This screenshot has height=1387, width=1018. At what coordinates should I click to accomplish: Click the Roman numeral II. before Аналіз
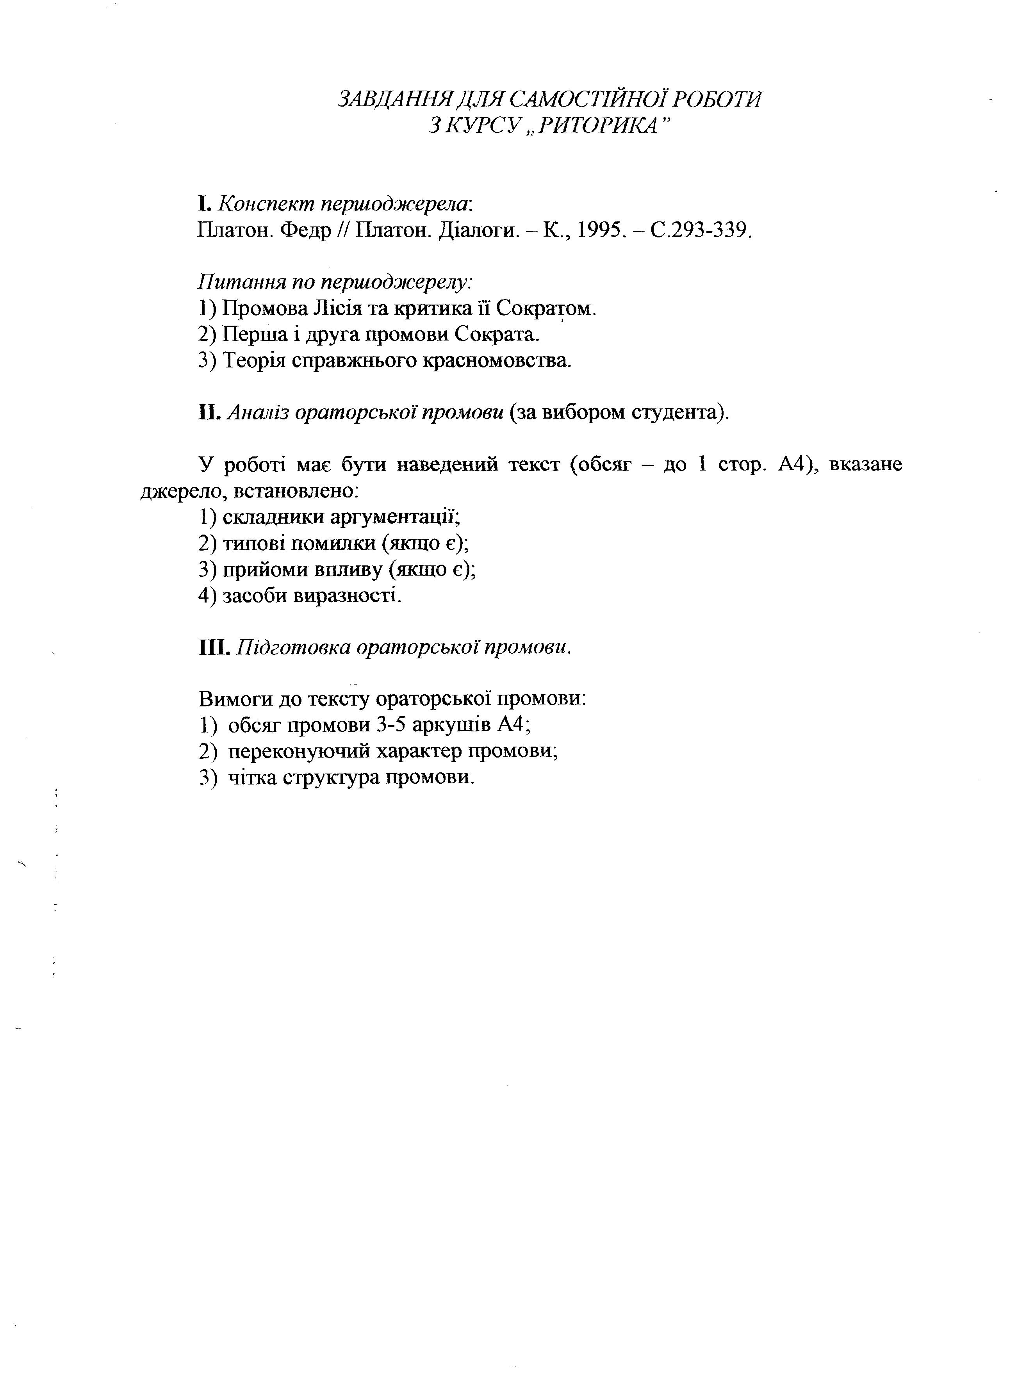[210, 412]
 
